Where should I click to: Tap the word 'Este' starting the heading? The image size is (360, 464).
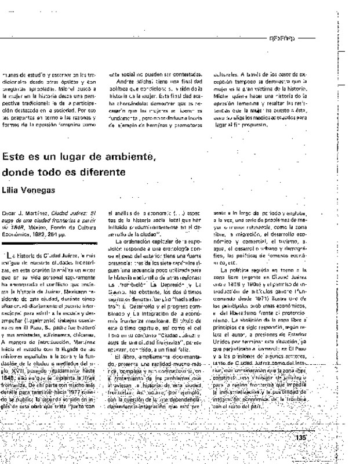[13, 157]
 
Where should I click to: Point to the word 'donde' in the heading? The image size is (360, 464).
[19, 172]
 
